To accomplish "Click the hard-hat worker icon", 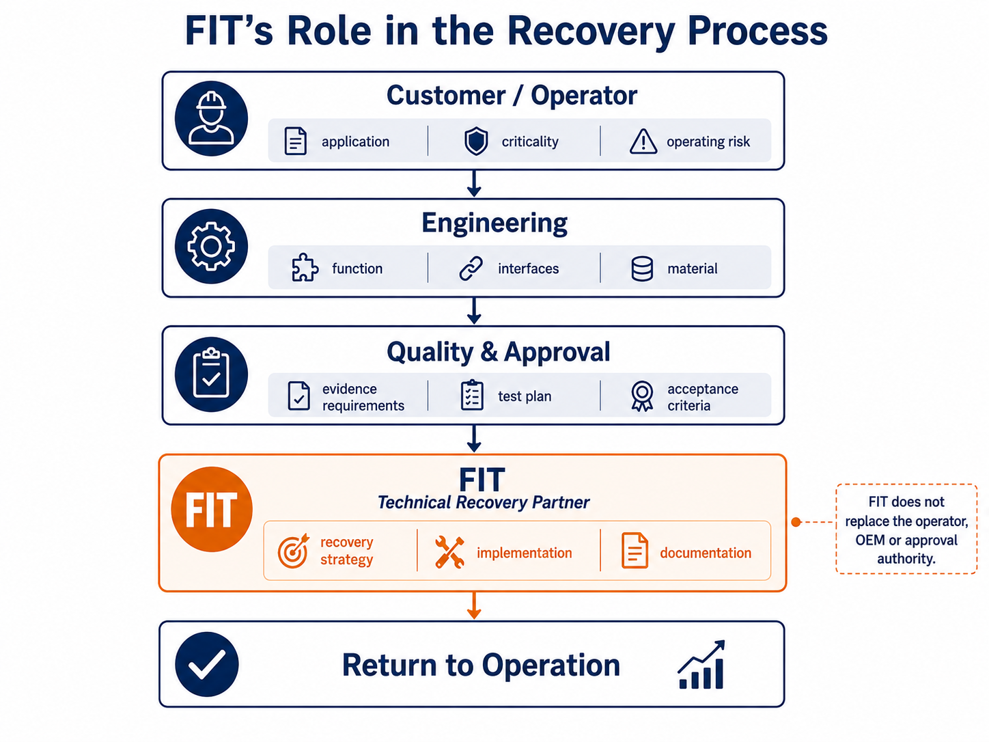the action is [x=211, y=118].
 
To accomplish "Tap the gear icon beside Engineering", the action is [x=211, y=246].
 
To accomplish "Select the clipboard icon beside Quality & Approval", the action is [x=211, y=374].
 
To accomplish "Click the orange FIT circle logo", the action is [x=211, y=509].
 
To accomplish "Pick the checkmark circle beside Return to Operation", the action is [x=207, y=664].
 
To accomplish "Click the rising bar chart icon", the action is [x=701, y=665].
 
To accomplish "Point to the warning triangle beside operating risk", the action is [x=643, y=141].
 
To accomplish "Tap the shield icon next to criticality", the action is [x=476, y=141].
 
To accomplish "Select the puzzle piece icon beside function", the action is [x=305, y=268].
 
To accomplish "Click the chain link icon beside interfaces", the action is [x=471, y=269].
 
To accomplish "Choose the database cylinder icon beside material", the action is [x=642, y=269].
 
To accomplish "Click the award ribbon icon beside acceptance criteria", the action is [x=642, y=396].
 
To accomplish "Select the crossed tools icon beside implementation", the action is [x=449, y=552].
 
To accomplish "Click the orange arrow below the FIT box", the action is [x=473, y=605].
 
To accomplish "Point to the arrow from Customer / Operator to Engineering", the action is [x=473, y=183].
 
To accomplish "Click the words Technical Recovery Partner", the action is [x=484, y=502].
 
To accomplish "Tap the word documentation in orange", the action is [x=706, y=553].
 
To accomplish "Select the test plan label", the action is [x=525, y=396].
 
